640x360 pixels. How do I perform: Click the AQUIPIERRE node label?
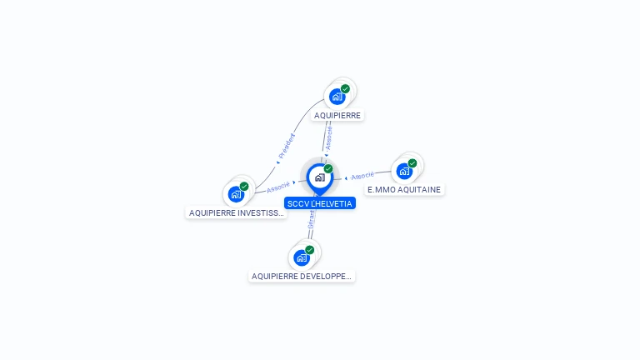click(337, 116)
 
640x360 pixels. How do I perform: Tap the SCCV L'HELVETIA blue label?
click(320, 203)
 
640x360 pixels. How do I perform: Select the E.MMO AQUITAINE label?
click(404, 190)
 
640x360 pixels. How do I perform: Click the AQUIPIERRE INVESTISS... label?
click(237, 213)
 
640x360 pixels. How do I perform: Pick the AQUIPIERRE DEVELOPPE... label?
click(302, 276)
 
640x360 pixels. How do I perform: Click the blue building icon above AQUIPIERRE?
click(337, 97)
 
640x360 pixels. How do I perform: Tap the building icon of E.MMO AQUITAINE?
click(404, 171)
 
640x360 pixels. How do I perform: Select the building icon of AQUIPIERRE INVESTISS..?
click(236, 194)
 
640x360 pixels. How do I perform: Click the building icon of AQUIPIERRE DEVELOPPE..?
click(302, 257)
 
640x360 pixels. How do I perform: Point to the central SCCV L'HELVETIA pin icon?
click(319, 177)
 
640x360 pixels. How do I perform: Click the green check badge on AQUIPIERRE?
click(345, 89)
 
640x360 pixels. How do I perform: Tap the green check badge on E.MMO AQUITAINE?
click(412, 163)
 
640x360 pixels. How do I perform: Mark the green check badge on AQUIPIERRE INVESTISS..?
click(244, 187)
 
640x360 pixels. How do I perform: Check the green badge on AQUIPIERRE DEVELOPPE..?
click(310, 250)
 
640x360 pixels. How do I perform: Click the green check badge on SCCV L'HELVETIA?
click(328, 169)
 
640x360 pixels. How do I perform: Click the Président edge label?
click(286, 146)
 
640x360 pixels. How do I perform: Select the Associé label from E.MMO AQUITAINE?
click(362, 177)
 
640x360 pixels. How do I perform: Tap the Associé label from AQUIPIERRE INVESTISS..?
click(278, 187)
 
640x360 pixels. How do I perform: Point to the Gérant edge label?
click(311, 220)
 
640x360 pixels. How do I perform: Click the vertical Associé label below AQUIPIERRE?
click(328, 137)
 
